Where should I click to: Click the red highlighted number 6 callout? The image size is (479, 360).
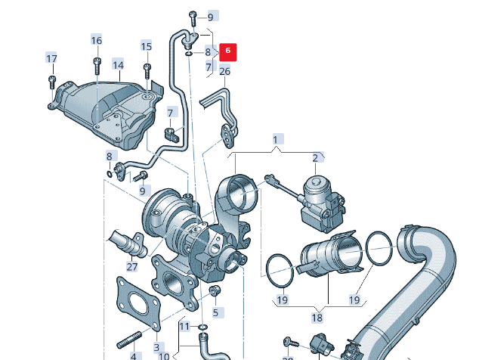(x=228, y=51)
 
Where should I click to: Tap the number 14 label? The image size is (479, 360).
(x=118, y=65)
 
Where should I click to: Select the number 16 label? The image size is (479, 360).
(x=96, y=40)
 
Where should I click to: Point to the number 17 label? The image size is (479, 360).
(x=51, y=59)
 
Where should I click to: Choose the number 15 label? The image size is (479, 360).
(x=147, y=46)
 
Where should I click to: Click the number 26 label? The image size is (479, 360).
(x=224, y=72)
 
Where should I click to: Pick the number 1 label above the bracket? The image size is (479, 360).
(x=276, y=139)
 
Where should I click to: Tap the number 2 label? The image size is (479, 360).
(x=315, y=157)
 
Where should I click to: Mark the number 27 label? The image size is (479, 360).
(x=132, y=266)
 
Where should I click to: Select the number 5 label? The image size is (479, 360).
(x=215, y=312)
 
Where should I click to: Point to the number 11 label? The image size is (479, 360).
(x=184, y=326)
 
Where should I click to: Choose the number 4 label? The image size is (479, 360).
(x=134, y=355)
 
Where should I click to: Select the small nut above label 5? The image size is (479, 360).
(x=214, y=290)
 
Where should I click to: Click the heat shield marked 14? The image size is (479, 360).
(x=106, y=110)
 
